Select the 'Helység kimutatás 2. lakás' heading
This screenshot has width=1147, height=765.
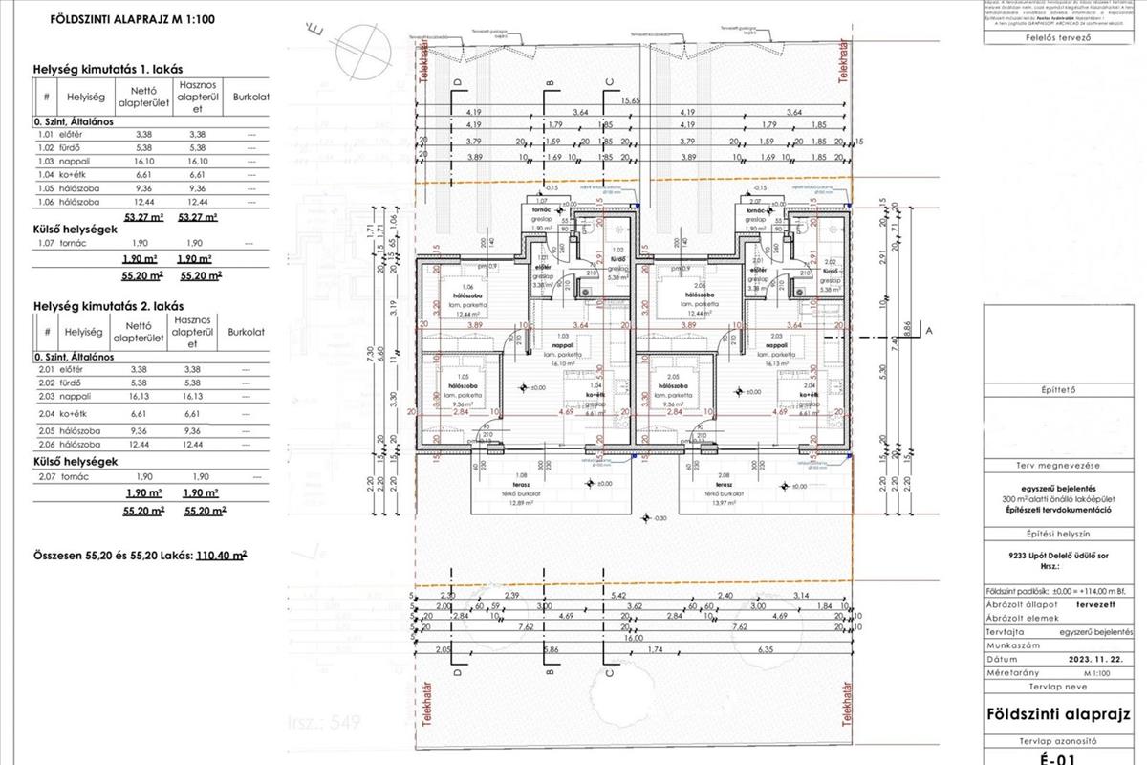pos(108,307)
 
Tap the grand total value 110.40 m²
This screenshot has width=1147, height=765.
pos(221,555)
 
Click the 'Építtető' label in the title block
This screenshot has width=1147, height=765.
pos(1058,389)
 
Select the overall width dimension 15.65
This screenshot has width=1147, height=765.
pos(629,100)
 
